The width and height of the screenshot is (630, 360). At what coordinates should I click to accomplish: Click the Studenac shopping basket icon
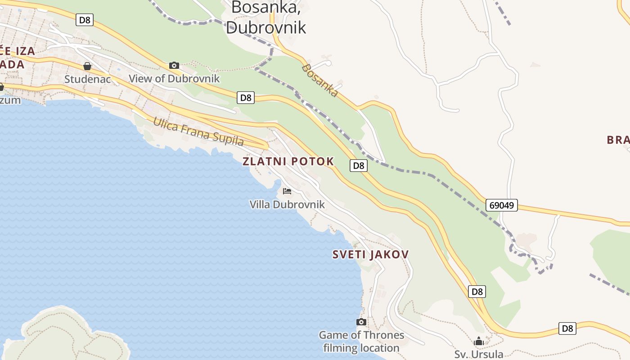[x=87, y=67]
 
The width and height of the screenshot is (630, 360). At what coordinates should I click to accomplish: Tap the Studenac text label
[x=87, y=79]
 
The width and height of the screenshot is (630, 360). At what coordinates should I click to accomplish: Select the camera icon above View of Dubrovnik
[x=174, y=66]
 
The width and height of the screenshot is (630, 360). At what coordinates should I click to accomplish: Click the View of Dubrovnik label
[x=174, y=78]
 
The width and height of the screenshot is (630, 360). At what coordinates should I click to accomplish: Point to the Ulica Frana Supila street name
[x=198, y=131]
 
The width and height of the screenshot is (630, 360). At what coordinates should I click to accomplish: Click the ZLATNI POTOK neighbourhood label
[x=288, y=161]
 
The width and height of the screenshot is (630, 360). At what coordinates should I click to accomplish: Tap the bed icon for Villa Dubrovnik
[x=287, y=191]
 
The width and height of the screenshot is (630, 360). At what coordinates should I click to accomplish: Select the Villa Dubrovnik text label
[x=287, y=204]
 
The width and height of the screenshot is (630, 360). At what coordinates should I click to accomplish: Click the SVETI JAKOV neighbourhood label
[x=370, y=254]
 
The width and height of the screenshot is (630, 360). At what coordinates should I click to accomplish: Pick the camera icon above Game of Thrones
[x=361, y=322]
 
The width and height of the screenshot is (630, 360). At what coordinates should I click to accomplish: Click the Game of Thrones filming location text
[x=361, y=342]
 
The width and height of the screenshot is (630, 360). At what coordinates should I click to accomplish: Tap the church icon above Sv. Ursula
[x=479, y=342]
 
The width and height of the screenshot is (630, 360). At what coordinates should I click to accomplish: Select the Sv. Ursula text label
[x=479, y=354]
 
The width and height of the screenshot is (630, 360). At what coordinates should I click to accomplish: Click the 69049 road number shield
[x=502, y=206]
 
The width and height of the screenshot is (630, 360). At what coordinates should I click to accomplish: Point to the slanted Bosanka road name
[x=320, y=81]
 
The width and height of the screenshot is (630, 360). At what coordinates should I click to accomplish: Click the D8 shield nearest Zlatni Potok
[x=358, y=166]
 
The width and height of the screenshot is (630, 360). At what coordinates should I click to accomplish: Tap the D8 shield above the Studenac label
[x=85, y=20]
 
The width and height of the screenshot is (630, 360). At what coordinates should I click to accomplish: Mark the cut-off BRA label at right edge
[x=618, y=140]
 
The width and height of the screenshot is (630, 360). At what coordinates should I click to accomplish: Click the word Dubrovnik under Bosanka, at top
[x=265, y=27]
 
